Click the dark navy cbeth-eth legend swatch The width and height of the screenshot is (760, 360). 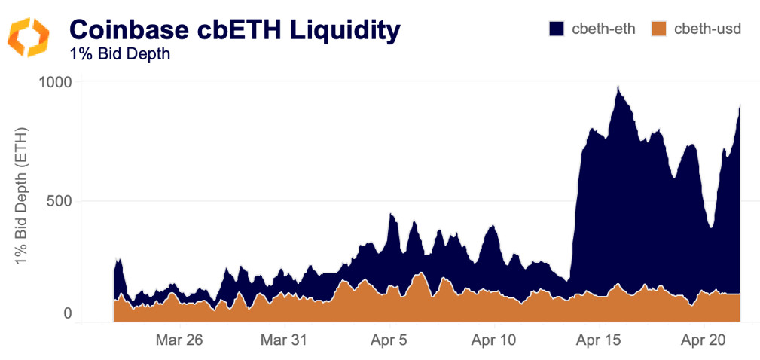pyautogui.click(x=557, y=29)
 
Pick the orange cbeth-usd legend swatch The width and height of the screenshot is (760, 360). pyautogui.click(x=659, y=29)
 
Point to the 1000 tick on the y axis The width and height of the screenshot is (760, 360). pyautogui.click(x=55, y=81)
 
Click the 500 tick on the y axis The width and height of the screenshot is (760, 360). pyautogui.click(x=60, y=201)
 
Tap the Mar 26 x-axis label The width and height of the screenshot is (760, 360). pyautogui.click(x=179, y=340)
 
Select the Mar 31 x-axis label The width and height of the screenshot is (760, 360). pyautogui.click(x=284, y=340)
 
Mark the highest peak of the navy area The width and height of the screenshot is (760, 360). pyautogui.click(x=618, y=87)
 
